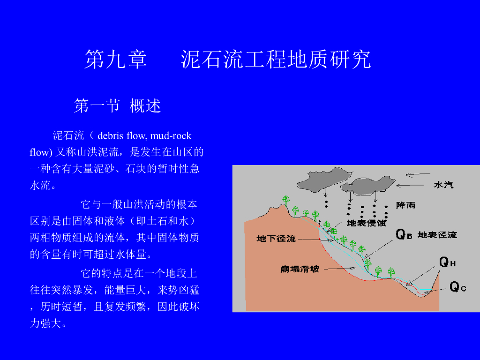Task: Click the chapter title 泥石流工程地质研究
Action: click(x=276, y=60)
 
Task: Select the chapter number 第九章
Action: click(x=116, y=60)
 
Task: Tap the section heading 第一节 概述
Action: click(x=118, y=106)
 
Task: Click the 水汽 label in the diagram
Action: click(x=443, y=185)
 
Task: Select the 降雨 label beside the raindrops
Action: click(x=406, y=205)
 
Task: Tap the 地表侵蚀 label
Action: click(x=366, y=224)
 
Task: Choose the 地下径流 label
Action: click(x=276, y=239)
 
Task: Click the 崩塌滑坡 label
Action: click(x=300, y=269)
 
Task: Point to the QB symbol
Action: click(x=404, y=235)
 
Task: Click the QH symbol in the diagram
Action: click(x=447, y=262)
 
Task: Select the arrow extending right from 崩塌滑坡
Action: click(x=340, y=269)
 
